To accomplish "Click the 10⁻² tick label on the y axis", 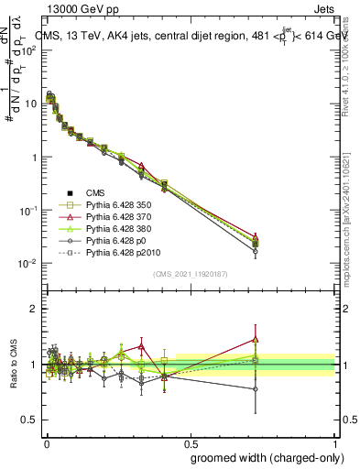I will [x=29, y=265].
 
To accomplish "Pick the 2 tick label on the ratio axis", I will [x=33, y=309].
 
